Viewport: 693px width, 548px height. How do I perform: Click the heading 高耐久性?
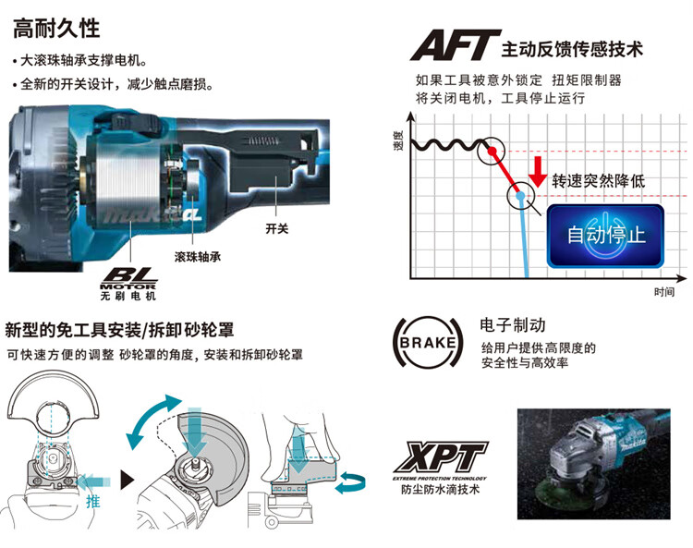55,28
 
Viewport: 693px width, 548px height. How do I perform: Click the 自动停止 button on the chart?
605,235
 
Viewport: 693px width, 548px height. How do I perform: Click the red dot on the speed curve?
492,151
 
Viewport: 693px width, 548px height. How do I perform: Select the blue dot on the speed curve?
521,196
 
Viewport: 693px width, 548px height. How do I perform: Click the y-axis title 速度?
398,142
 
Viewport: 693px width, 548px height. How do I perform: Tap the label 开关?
277,227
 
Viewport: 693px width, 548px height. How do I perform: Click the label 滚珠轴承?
198,253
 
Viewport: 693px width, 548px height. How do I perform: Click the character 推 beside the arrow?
92,500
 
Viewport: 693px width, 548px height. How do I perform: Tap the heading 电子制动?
513,325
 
